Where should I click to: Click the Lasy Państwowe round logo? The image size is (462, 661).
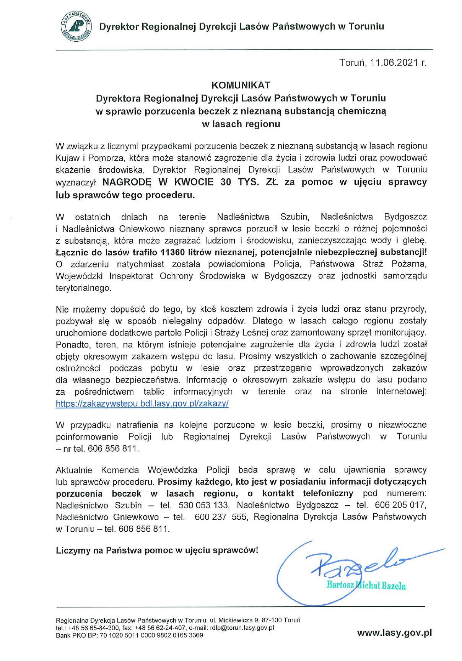pos(76,26)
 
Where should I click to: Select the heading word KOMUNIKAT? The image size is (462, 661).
pos(241,85)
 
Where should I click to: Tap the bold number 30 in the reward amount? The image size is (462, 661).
pos(226,182)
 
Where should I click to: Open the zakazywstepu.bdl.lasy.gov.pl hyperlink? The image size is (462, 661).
pos(142,404)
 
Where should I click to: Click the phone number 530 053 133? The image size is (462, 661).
pos(204,505)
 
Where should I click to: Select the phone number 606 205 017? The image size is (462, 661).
pos(400,505)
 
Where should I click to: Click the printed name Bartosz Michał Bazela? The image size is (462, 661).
pos(366,585)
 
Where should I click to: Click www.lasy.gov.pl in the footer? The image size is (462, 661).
pos(394,633)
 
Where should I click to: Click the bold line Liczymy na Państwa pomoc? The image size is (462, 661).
pos(157,550)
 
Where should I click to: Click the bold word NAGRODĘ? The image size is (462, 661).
pos(127,182)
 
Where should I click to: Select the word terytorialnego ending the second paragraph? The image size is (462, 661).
pos(83,288)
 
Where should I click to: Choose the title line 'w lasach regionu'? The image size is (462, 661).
pos(241,124)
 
